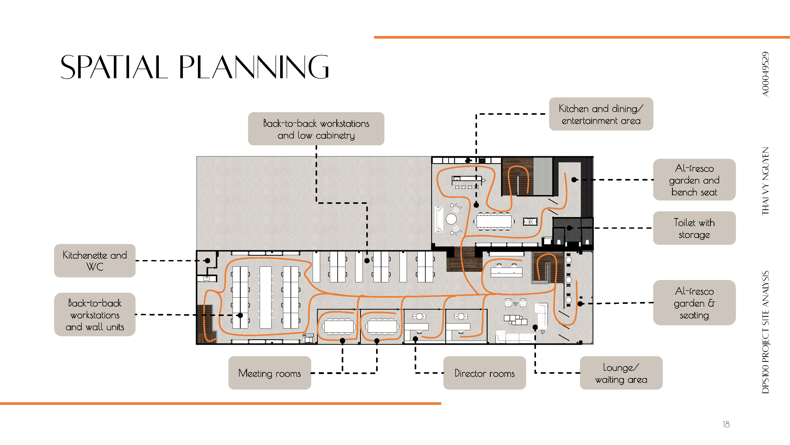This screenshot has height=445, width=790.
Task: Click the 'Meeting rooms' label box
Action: click(x=270, y=373)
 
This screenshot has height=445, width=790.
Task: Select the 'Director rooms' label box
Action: click(x=485, y=373)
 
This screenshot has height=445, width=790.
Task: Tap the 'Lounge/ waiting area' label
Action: click(x=621, y=373)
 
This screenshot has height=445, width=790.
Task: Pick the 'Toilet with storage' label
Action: click(x=694, y=228)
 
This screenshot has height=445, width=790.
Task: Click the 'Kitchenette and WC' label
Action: click(x=95, y=261)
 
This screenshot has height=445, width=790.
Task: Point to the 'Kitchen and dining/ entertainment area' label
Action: click(x=601, y=114)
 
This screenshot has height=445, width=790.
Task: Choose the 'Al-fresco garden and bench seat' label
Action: click(x=694, y=180)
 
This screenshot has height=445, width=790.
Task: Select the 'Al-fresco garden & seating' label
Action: click(x=694, y=303)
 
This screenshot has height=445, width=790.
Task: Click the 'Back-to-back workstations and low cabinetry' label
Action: click(x=316, y=129)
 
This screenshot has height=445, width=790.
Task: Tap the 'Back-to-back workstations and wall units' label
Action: click(x=95, y=314)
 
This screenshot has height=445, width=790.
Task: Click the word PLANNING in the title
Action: click(x=254, y=67)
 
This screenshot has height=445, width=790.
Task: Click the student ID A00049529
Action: click(x=765, y=74)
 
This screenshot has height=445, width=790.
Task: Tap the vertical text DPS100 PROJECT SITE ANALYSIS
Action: click(x=765, y=332)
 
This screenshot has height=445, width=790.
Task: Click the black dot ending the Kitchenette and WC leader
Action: click(x=208, y=261)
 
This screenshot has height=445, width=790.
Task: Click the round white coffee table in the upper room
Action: click(x=451, y=219)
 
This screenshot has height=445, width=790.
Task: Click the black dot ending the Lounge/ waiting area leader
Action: click(x=535, y=327)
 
